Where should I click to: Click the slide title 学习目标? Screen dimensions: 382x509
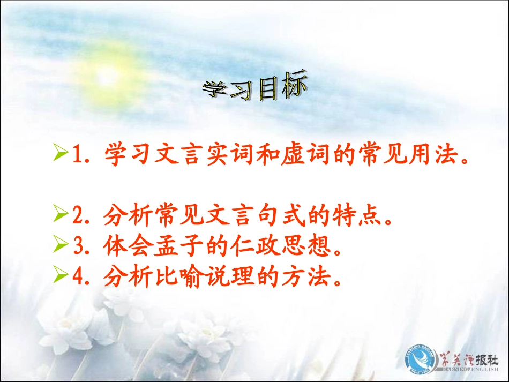[x=254, y=89]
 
